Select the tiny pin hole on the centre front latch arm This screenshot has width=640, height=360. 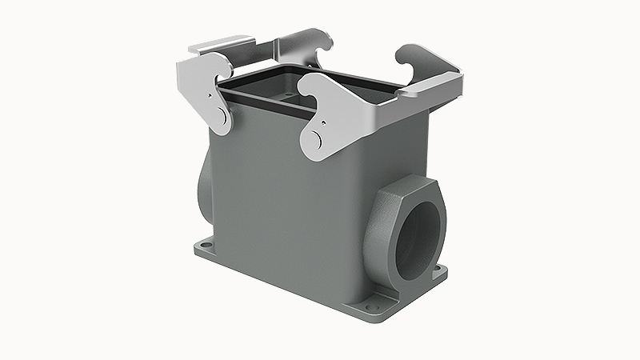tap(324, 122)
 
